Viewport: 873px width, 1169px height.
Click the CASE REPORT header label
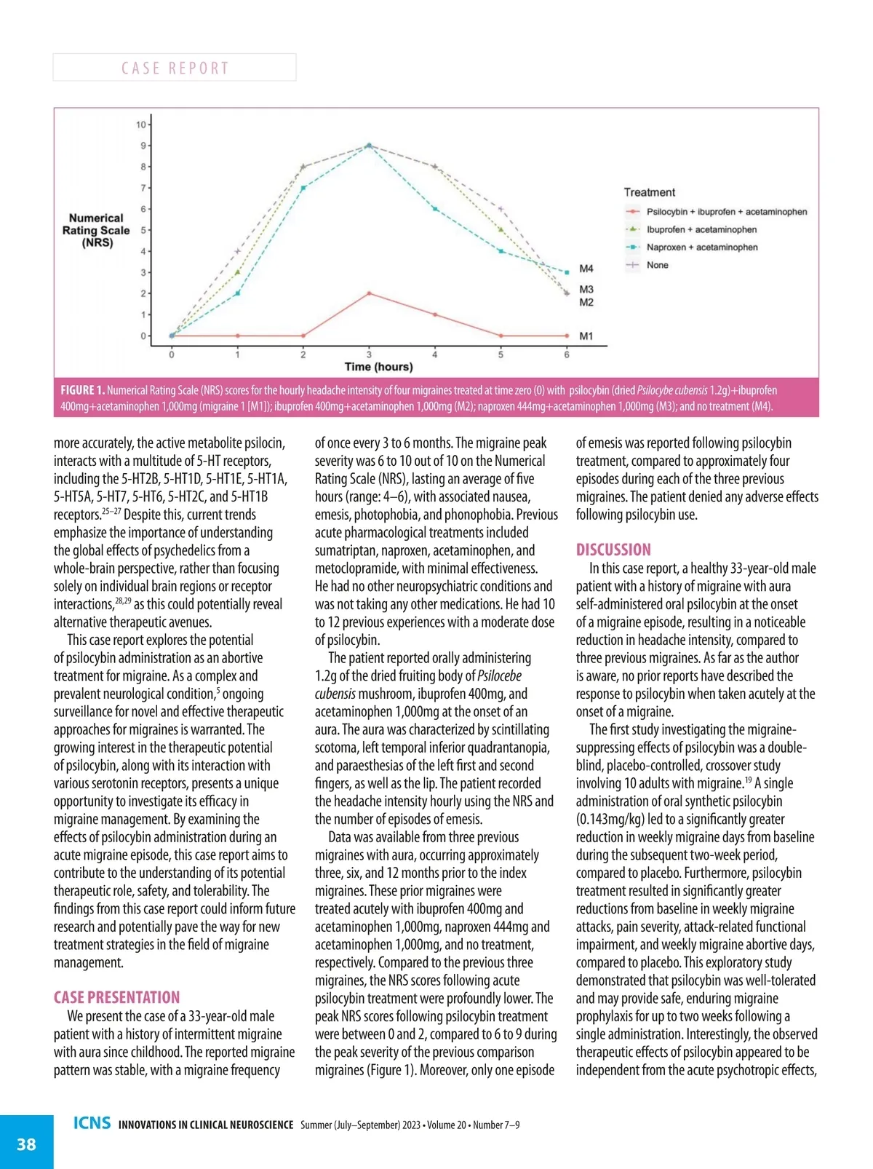point(175,68)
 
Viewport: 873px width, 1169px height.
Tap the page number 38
point(26,1144)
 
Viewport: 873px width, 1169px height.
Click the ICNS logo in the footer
point(92,1123)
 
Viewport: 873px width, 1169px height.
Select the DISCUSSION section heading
point(613,550)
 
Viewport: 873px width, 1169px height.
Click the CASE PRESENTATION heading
point(116,997)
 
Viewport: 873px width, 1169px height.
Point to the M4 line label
point(586,269)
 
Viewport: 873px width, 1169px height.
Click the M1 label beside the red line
point(586,336)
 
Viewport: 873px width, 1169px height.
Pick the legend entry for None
point(657,265)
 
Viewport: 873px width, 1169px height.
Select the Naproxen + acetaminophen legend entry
point(701,247)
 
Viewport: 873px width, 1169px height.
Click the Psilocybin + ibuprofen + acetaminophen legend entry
point(726,212)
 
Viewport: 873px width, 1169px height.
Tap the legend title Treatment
point(649,192)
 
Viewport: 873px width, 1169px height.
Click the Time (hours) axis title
point(378,367)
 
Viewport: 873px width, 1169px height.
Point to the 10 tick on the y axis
point(140,125)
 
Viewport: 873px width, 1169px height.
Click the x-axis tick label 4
point(435,355)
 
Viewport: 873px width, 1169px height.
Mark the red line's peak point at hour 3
point(369,293)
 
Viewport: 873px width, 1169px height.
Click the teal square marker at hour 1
point(237,293)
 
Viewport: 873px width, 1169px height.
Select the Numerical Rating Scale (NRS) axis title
point(96,230)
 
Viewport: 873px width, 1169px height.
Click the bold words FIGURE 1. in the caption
point(82,390)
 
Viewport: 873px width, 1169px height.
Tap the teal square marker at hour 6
point(567,272)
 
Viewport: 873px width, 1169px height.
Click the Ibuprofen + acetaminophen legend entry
point(701,229)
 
